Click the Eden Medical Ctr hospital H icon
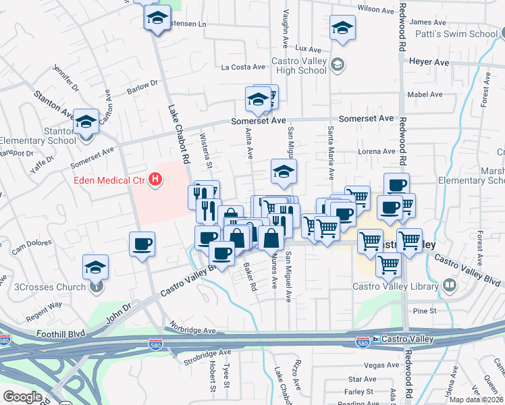click(x=157, y=180)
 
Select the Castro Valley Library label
click(x=396, y=286)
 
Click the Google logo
click(x=22, y=396)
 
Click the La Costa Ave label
click(x=243, y=67)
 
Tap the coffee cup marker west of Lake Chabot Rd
click(x=142, y=244)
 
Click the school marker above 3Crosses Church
click(x=96, y=267)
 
